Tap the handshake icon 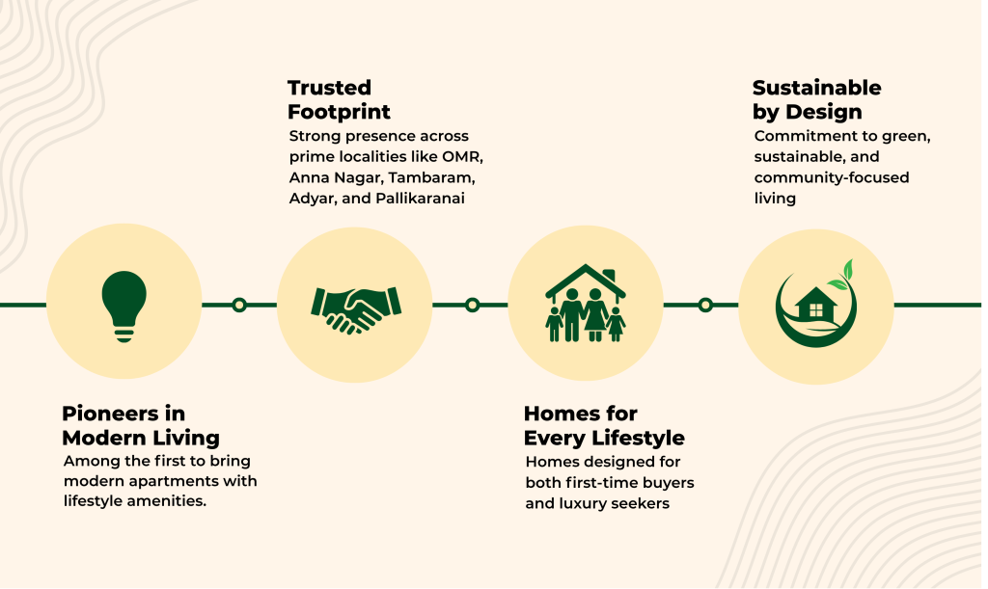point(355,306)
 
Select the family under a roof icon point(586,303)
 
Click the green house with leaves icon point(815,306)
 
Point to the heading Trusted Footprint point(339,100)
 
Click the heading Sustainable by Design point(816,100)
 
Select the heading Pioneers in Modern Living point(141,425)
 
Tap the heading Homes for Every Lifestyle point(604,425)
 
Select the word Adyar point(309,200)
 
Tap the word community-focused point(832,177)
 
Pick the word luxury point(570,503)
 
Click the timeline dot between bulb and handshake point(239,306)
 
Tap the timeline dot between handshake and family point(472,306)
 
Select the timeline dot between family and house point(705,306)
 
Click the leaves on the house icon point(843,274)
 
